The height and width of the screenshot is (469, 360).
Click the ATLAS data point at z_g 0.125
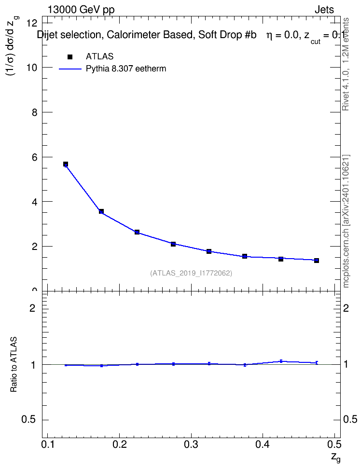(x=66, y=164)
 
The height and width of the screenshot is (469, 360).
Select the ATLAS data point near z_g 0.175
(x=101, y=211)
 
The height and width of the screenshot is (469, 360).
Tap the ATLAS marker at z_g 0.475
(x=316, y=260)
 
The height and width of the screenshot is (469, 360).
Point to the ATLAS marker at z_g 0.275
(x=173, y=244)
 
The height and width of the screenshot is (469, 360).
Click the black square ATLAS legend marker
(x=70, y=56)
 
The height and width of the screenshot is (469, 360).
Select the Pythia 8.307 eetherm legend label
(x=125, y=69)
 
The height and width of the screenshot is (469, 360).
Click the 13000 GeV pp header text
(x=81, y=10)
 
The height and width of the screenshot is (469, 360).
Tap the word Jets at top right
(x=324, y=10)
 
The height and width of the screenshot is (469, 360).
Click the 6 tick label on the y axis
(x=34, y=157)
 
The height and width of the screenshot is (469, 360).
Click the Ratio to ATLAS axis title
(x=14, y=364)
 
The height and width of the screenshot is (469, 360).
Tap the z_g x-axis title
(x=336, y=457)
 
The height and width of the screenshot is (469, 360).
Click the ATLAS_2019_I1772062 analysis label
(x=191, y=273)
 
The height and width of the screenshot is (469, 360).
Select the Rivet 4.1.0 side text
(x=346, y=64)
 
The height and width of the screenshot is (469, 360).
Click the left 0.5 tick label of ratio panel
(x=28, y=420)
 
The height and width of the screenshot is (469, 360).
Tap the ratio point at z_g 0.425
(x=281, y=361)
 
